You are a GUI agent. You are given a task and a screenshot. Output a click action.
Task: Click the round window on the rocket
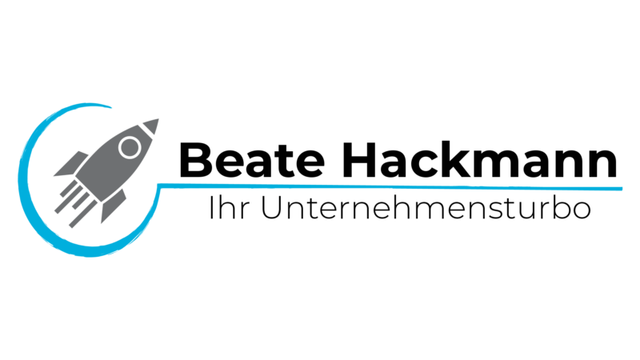coord(130,147)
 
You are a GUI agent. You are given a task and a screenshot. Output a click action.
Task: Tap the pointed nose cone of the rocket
coord(151,126)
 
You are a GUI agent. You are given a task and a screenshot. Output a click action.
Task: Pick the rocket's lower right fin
coord(113,206)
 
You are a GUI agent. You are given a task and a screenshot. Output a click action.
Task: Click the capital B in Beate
coord(195,159)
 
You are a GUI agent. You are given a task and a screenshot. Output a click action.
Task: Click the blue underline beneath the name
coord(390,186)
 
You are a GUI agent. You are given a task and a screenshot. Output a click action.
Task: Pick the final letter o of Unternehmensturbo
coord(582,211)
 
